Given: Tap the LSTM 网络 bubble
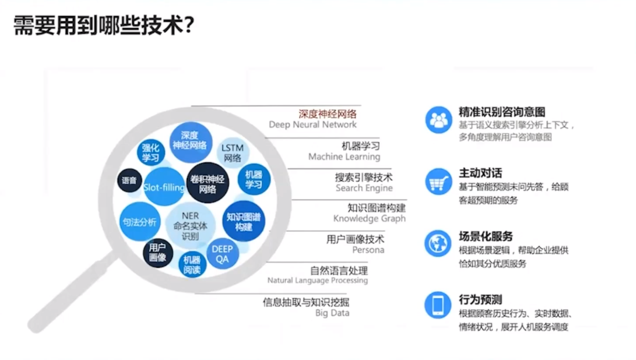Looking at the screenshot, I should (232, 152).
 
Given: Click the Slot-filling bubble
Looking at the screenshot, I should (164, 187).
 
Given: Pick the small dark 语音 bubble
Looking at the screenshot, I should (129, 181).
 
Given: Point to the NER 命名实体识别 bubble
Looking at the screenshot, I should (190, 226).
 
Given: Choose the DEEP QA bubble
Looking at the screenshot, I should (222, 254).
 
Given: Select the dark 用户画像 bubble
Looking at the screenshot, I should (158, 252).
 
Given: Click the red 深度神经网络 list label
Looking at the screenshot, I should (328, 114).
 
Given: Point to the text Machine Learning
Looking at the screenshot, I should (344, 157).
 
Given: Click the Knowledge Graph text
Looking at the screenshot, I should (369, 219).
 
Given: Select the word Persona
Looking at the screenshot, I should (368, 250).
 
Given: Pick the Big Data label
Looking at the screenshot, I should (332, 313).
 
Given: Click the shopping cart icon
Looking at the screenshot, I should (438, 181).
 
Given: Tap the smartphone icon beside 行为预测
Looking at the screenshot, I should (438, 305).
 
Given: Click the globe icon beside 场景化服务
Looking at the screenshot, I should (438, 244).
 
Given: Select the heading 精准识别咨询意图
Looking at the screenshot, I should (502, 112).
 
